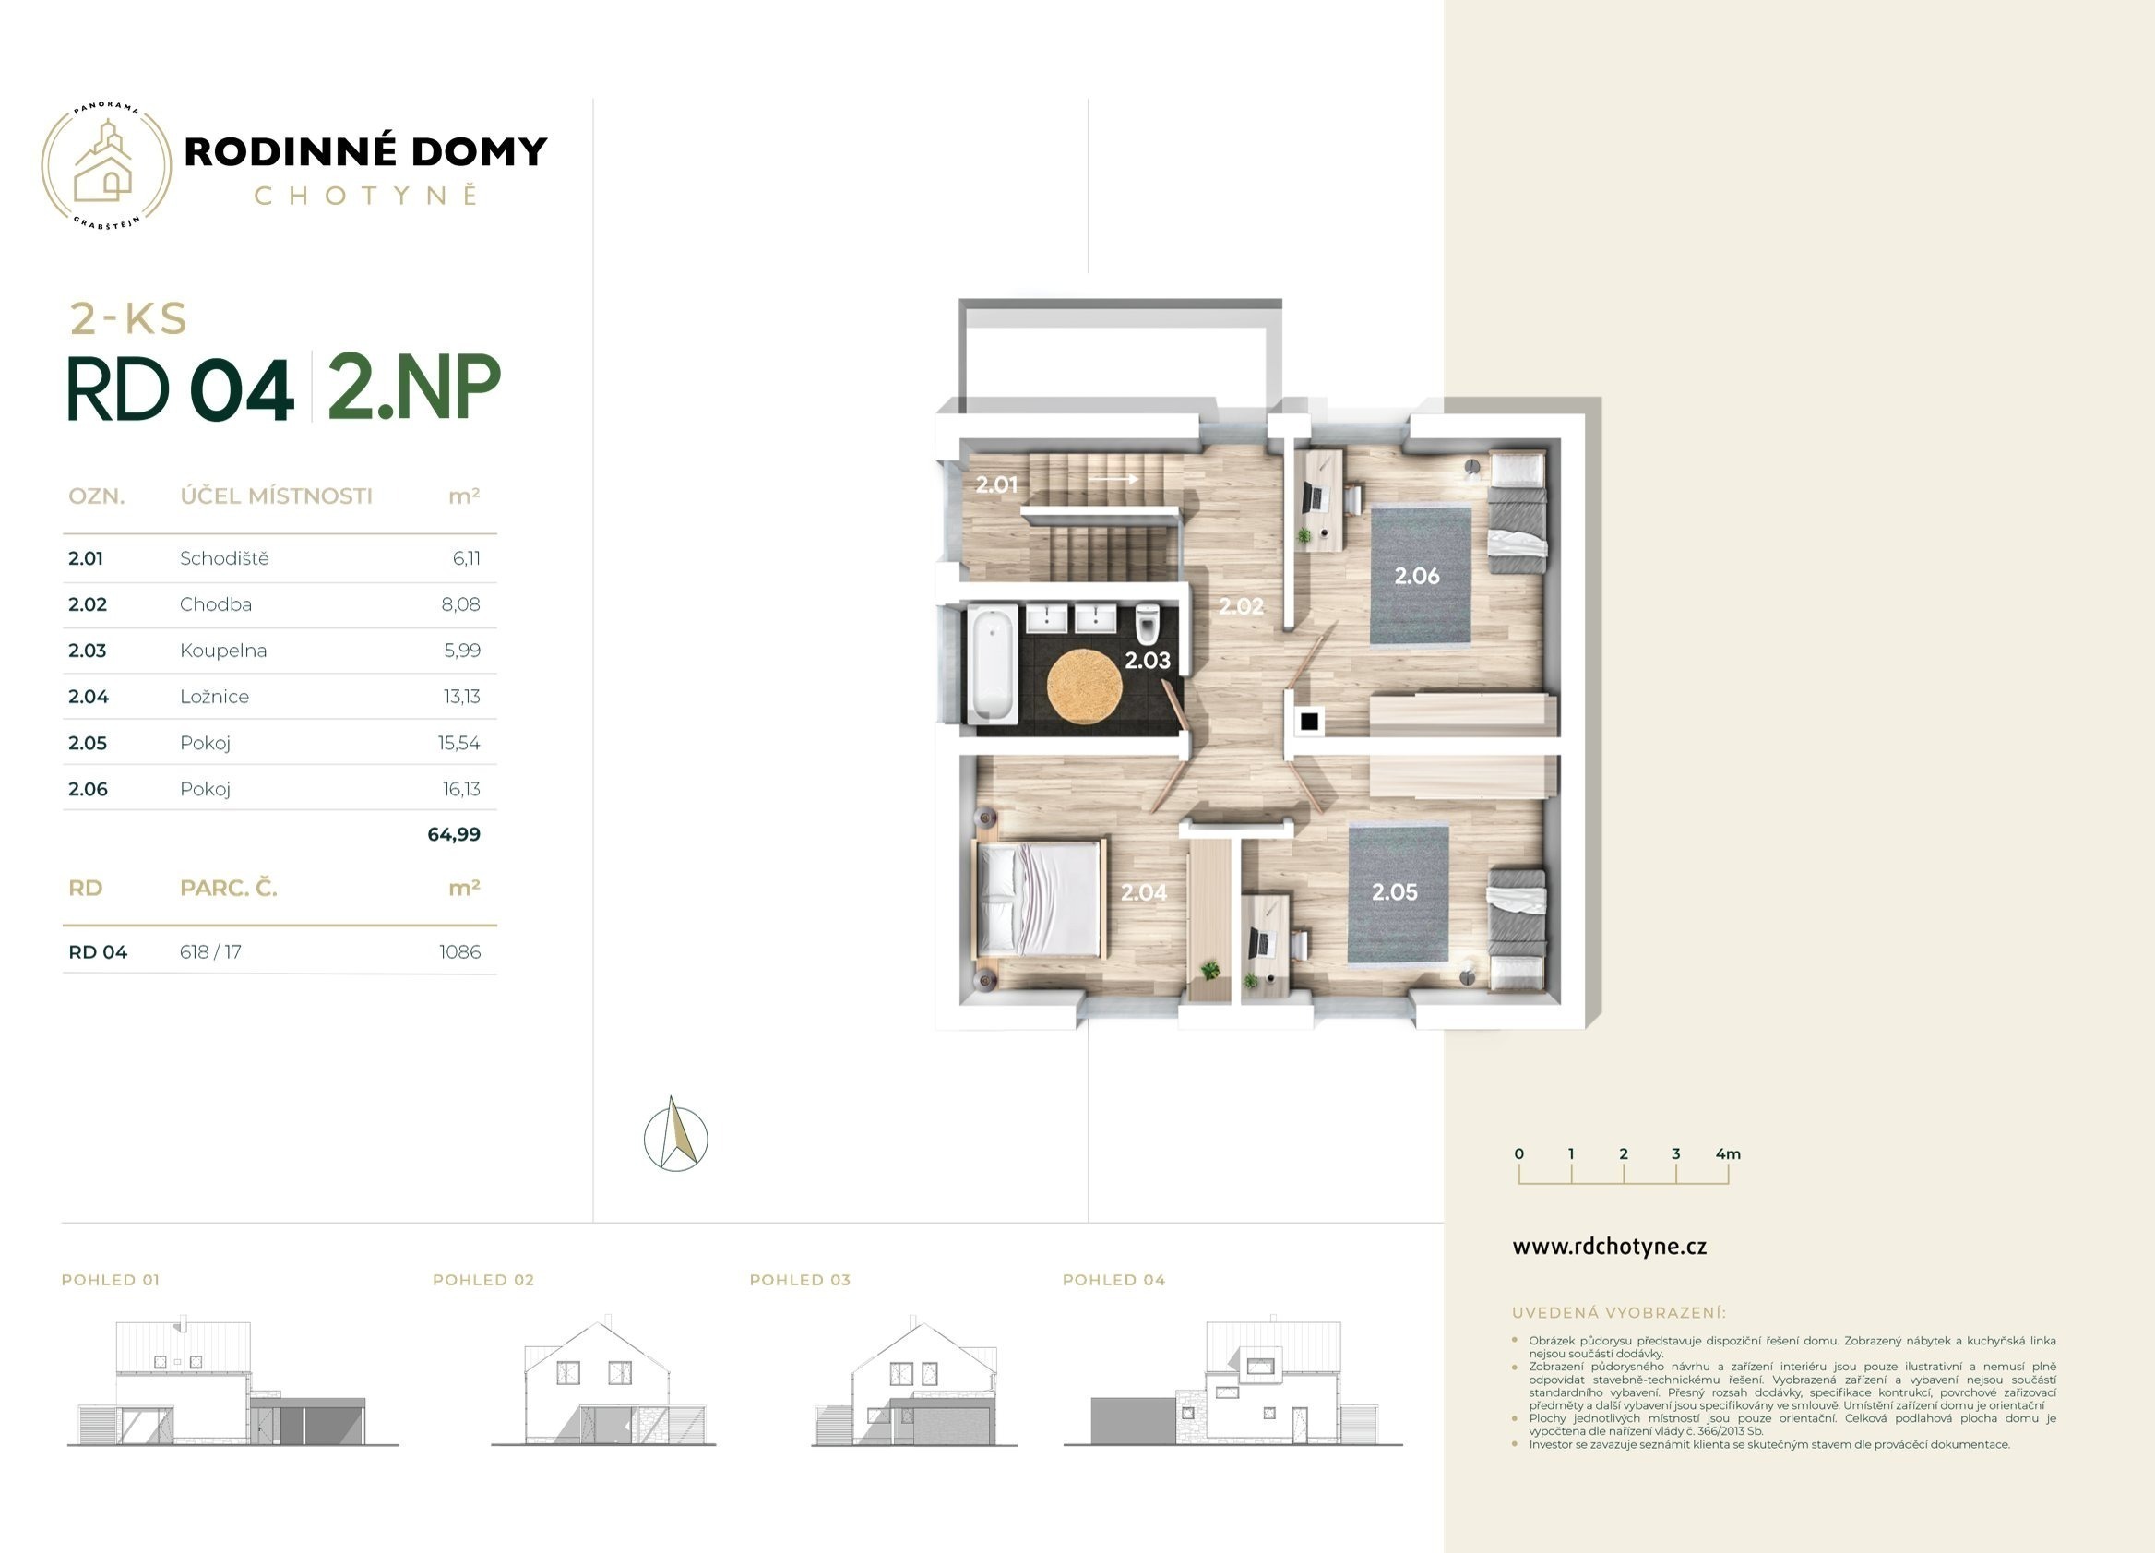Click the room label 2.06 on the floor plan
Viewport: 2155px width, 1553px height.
point(1417,575)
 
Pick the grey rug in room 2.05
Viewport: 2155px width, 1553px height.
point(1398,893)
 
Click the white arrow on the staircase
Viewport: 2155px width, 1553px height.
point(1113,479)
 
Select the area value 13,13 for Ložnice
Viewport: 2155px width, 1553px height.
point(462,697)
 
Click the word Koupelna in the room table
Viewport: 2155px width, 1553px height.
point(223,651)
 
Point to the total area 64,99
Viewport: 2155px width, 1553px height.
point(454,834)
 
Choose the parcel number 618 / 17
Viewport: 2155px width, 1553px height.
point(210,952)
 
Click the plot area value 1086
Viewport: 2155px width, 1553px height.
point(460,952)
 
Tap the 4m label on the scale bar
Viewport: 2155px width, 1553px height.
point(1729,1153)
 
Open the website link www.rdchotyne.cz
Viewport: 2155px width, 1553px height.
point(1610,1247)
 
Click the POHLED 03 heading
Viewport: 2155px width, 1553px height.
point(800,1280)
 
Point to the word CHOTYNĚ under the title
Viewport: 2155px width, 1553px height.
point(366,195)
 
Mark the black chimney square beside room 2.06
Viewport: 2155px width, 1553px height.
point(1309,722)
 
